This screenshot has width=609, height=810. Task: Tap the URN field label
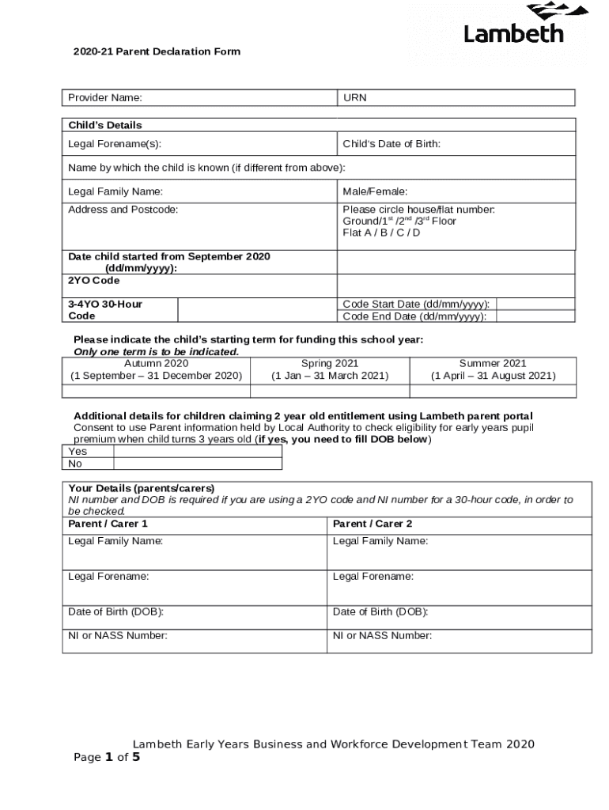click(x=354, y=98)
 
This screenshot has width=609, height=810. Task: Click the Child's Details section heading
click(x=105, y=125)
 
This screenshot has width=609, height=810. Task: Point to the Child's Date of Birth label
click(x=391, y=144)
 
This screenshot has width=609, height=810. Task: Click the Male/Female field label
click(x=375, y=191)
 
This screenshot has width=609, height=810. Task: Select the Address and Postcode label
click(x=123, y=210)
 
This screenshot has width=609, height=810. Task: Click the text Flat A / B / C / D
click(x=381, y=233)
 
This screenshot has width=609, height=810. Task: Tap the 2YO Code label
click(x=94, y=281)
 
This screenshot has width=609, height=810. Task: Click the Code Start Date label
click(x=415, y=305)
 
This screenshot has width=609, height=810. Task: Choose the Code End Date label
click(x=414, y=317)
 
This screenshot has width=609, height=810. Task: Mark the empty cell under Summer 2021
click(x=493, y=390)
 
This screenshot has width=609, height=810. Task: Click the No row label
click(x=77, y=464)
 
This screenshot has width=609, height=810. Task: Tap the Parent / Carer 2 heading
click(x=373, y=524)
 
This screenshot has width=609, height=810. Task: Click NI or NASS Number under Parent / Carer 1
click(x=118, y=635)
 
